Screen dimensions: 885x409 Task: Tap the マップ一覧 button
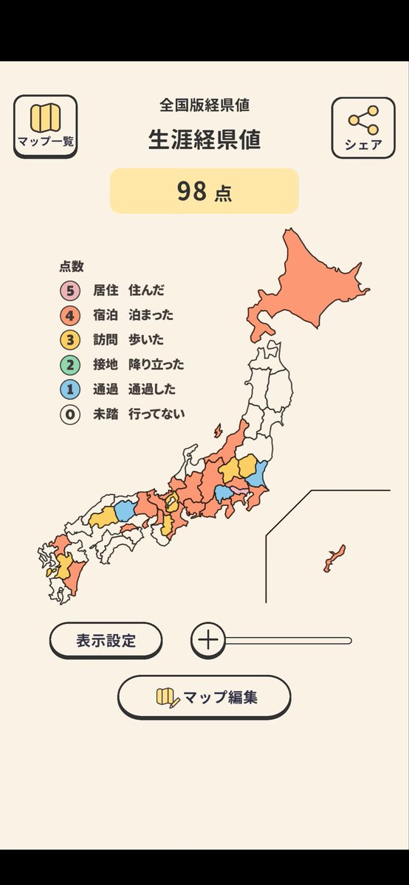pos(45,126)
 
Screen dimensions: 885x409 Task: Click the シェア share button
pos(363,127)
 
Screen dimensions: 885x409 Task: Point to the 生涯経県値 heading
pos(205,140)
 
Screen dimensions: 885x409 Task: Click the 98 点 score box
pos(205,191)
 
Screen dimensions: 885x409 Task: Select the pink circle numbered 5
pos(70,291)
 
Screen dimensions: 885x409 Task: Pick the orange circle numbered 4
pos(70,316)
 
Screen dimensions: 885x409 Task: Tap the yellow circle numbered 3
pos(70,340)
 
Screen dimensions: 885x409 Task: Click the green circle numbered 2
pos(70,364)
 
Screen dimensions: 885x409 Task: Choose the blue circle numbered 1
pos(70,389)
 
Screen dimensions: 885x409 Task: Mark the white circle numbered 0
pos(70,414)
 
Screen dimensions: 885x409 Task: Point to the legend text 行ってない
pos(157,414)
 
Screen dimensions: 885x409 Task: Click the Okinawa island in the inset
pos(334,558)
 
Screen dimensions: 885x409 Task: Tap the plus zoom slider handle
pos(209,639)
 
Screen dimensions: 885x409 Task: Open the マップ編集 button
pos(205,697)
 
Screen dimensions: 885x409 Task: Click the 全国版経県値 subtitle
pos(205,105)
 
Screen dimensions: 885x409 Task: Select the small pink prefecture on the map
pos(239,490)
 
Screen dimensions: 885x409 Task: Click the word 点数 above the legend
pos(72,267)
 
